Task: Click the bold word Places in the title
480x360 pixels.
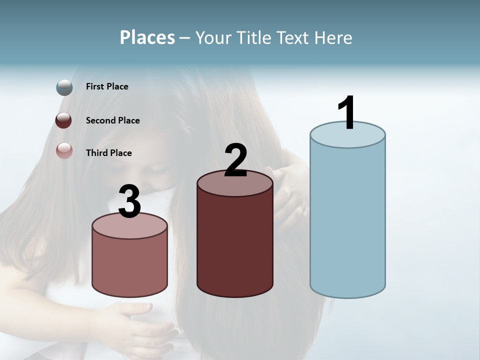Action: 147,37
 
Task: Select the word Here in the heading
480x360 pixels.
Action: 333,37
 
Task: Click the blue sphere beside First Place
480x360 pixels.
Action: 64,87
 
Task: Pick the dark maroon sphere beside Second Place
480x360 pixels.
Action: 64,120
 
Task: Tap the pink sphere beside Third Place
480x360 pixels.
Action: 64,150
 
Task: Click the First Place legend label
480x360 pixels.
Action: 107,86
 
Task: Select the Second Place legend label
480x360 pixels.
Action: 112,120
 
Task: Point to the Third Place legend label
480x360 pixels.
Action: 108,153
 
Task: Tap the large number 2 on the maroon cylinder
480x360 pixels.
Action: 235,160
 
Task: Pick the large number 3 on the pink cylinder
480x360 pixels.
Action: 129,201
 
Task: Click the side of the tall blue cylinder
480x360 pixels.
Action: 347,220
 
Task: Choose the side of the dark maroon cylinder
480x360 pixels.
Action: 235,245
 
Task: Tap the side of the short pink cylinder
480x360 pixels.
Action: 130,265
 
